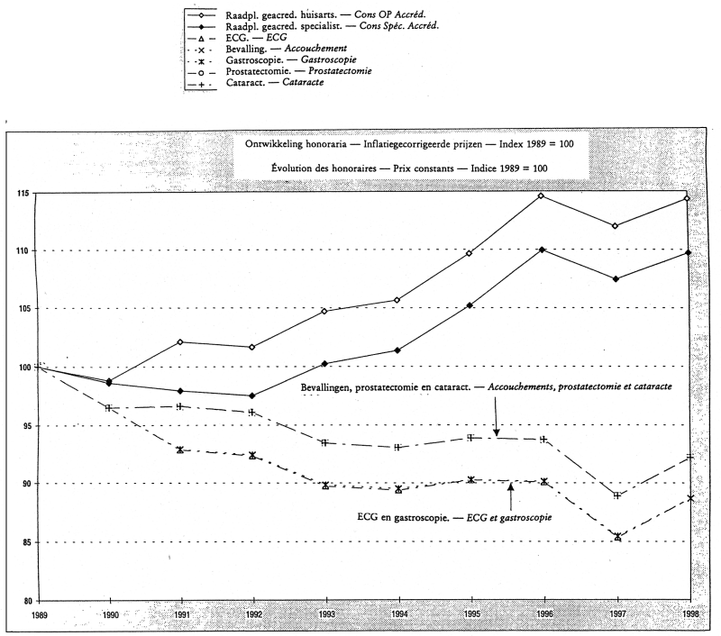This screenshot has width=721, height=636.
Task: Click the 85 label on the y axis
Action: point(20,542)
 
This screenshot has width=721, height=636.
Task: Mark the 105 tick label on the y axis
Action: point(18,309)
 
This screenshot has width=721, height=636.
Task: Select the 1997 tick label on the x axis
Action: point(616,613)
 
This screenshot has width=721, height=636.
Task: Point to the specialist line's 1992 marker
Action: point(251,395)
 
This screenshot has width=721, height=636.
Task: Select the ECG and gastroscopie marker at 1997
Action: point(617,537)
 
